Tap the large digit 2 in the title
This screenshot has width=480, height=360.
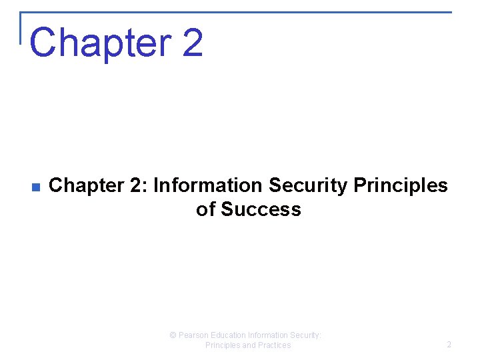click(x=191, y=42)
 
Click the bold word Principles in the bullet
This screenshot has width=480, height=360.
click(x=401, y=185)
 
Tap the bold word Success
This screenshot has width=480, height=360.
click(x=261, y=209)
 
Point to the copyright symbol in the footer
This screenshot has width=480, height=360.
click(x=173, y=335)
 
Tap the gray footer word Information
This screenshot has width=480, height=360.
click(x=269, y=335)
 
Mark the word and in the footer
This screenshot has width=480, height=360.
click(x=247, y=345)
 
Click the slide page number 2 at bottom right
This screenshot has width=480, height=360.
click(x=449, y=345)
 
